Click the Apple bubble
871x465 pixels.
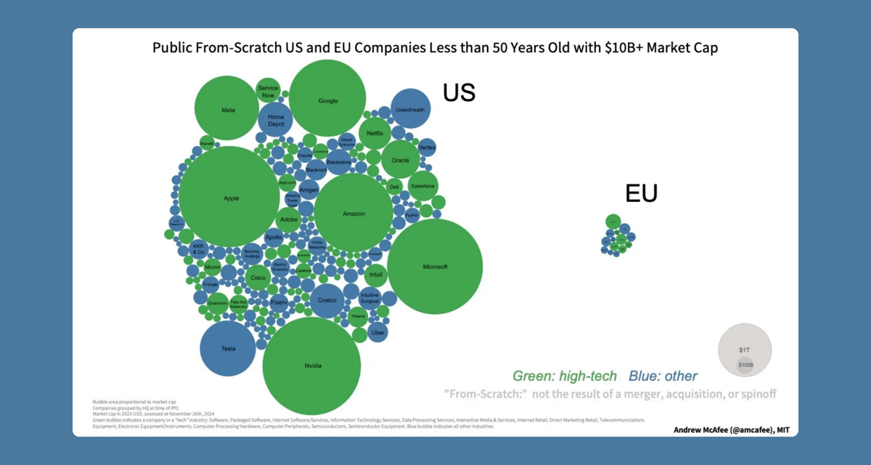click(230, 197)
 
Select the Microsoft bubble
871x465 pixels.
click(435, 267)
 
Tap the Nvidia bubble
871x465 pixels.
click(311, 365)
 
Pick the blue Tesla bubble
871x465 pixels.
click(228, 349)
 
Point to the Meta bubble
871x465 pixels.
click(227, 108)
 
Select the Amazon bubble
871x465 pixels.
click(353, 213)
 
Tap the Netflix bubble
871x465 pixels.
click(375, 133)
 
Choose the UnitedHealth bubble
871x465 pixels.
click(410, 109)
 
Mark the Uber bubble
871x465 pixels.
click(377, 332)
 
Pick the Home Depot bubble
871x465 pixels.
click(276, 120)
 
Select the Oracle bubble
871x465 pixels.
click(400, 160)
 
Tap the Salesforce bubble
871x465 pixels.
click(422, 186)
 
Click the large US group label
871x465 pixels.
click(459, 92)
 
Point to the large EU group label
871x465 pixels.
click(641, 193)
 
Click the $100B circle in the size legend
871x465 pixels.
click(745, 365)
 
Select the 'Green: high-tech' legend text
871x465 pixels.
click(564, 376)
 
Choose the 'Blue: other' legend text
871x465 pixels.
click(663, 376)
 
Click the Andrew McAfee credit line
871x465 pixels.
click(732, 429)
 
